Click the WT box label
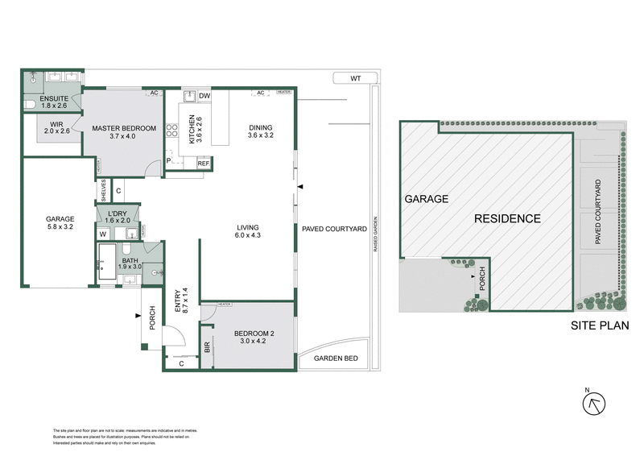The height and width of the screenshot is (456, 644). point(356,78)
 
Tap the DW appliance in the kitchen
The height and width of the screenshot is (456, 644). point(204,96)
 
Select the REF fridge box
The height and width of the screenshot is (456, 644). point(204,164)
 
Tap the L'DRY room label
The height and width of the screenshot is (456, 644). point(118,216)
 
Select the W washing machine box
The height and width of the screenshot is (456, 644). point(103,234)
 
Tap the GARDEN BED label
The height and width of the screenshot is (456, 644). point(334,359)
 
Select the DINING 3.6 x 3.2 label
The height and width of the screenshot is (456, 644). point(260,131)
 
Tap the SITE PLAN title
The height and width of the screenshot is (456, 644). point(599,326)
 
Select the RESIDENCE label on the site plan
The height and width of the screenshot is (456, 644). point(506,218)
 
